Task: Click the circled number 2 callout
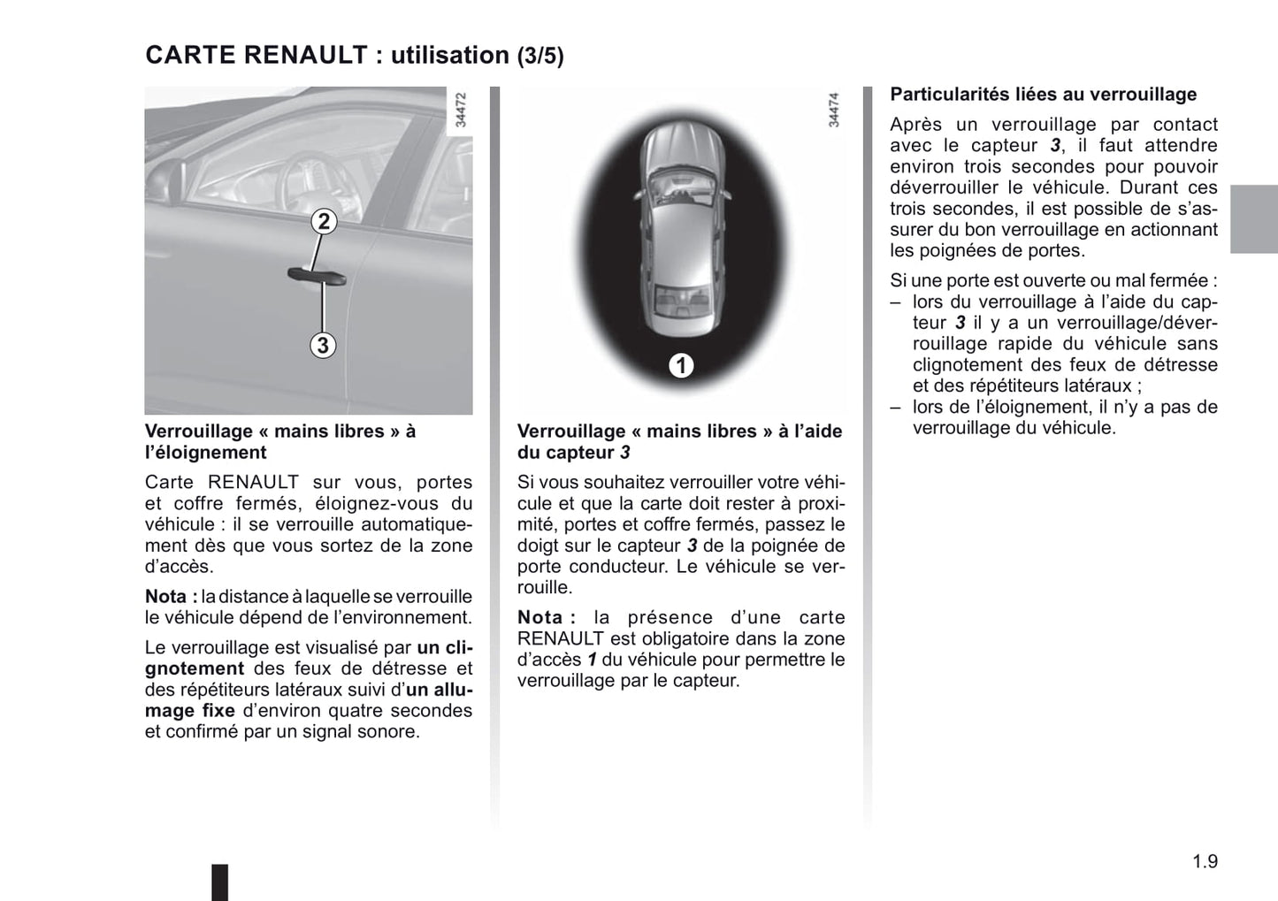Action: (x=324, y=221)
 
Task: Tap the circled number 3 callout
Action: (x=323, y=345)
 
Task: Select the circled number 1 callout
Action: (x=680, y=365)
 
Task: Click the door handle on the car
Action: (x=317, y=276)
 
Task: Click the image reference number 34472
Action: (x=460, y=111)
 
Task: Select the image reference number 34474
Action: (x=833, y=111)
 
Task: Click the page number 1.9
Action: (x=1205, y=861)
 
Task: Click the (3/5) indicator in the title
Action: (x=540, y=56)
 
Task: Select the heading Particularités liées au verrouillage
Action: (x=1043, y=95)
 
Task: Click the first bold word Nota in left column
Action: (x=166, y=597)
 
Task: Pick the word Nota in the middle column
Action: (x=540, y=617)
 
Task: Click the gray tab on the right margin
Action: (x=1254, y=219)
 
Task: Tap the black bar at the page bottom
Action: (x=219, y=882)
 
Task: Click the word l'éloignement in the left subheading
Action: (x=205, y=453)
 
